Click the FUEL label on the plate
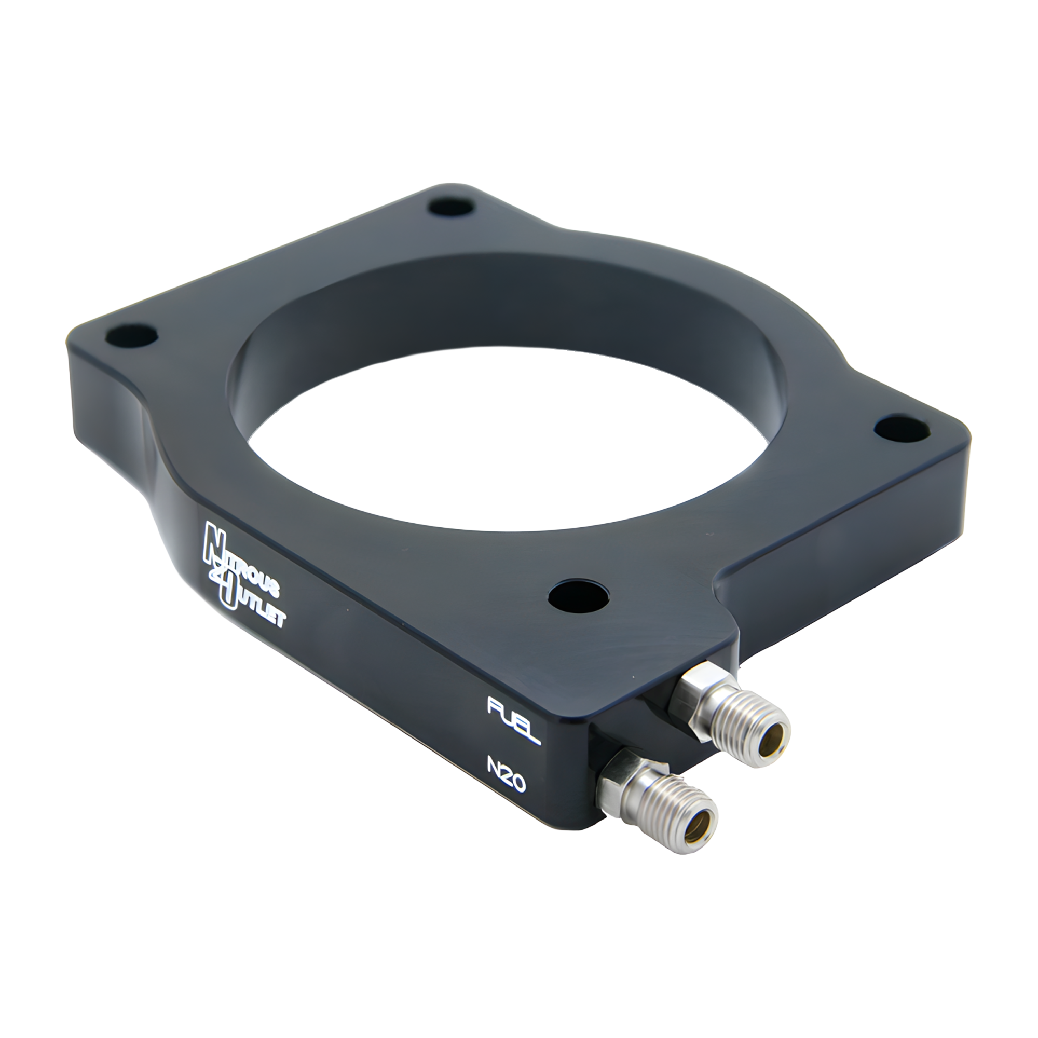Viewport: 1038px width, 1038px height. pos(513,720)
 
